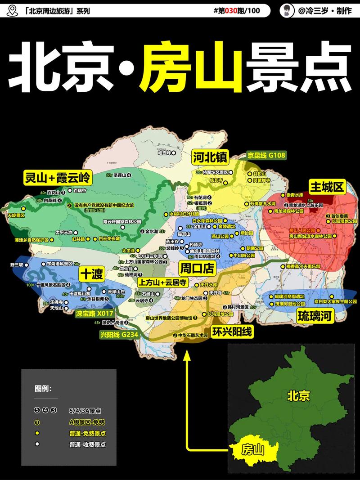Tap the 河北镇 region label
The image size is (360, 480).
click(x=210, y=157)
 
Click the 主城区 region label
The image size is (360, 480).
click(x=326, y=186)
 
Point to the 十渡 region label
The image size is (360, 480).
click(x=92, y=273)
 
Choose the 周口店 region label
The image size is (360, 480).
click(x=197, y=269)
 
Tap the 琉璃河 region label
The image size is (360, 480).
click(x=315, y=316)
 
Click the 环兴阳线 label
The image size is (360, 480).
click(x=232, y=332)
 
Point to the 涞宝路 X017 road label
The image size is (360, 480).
click(x=94, y=312)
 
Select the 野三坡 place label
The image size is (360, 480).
click(x=16, y=265)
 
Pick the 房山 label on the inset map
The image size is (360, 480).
click(x=252, y=449)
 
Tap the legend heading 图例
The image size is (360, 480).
click(x=43, y=388)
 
